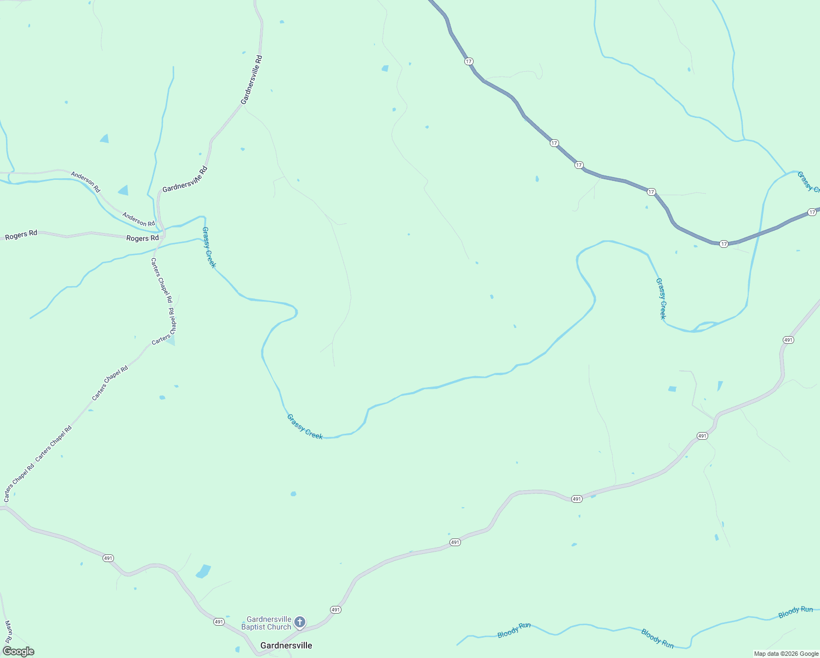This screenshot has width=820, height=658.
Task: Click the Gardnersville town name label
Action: tap(286, 645)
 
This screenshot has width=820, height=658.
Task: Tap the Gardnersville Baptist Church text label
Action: tap(269, 623)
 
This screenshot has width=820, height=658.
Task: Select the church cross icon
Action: tap(299, 622)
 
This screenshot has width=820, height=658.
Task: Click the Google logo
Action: tap(18, 651)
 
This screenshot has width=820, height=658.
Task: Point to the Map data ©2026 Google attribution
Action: tap(786, 654)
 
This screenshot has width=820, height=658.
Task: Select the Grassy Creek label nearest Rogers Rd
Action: tap(209, 247)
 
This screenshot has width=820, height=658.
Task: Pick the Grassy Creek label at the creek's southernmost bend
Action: tap(305, 427)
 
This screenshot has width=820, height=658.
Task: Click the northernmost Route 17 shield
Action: tap(468, 61)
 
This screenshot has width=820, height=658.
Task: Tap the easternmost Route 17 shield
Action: tap(812, 212)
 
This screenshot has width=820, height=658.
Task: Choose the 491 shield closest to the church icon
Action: tap(335, 610)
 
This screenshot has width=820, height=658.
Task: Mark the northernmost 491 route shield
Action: tap(788, 340)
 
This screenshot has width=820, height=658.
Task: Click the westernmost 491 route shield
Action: tap(108, 558)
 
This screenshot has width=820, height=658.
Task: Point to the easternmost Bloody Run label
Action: tap(795, 612)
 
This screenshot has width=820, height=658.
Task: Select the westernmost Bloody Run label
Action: tap(514, 631)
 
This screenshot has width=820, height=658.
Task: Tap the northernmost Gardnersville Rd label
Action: tap(252, 80)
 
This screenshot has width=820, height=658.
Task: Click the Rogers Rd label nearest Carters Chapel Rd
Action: tap(143, 239)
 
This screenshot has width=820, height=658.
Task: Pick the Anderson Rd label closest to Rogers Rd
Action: tap(139, 219)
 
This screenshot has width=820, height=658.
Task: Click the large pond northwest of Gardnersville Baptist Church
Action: tap(203, 571)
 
